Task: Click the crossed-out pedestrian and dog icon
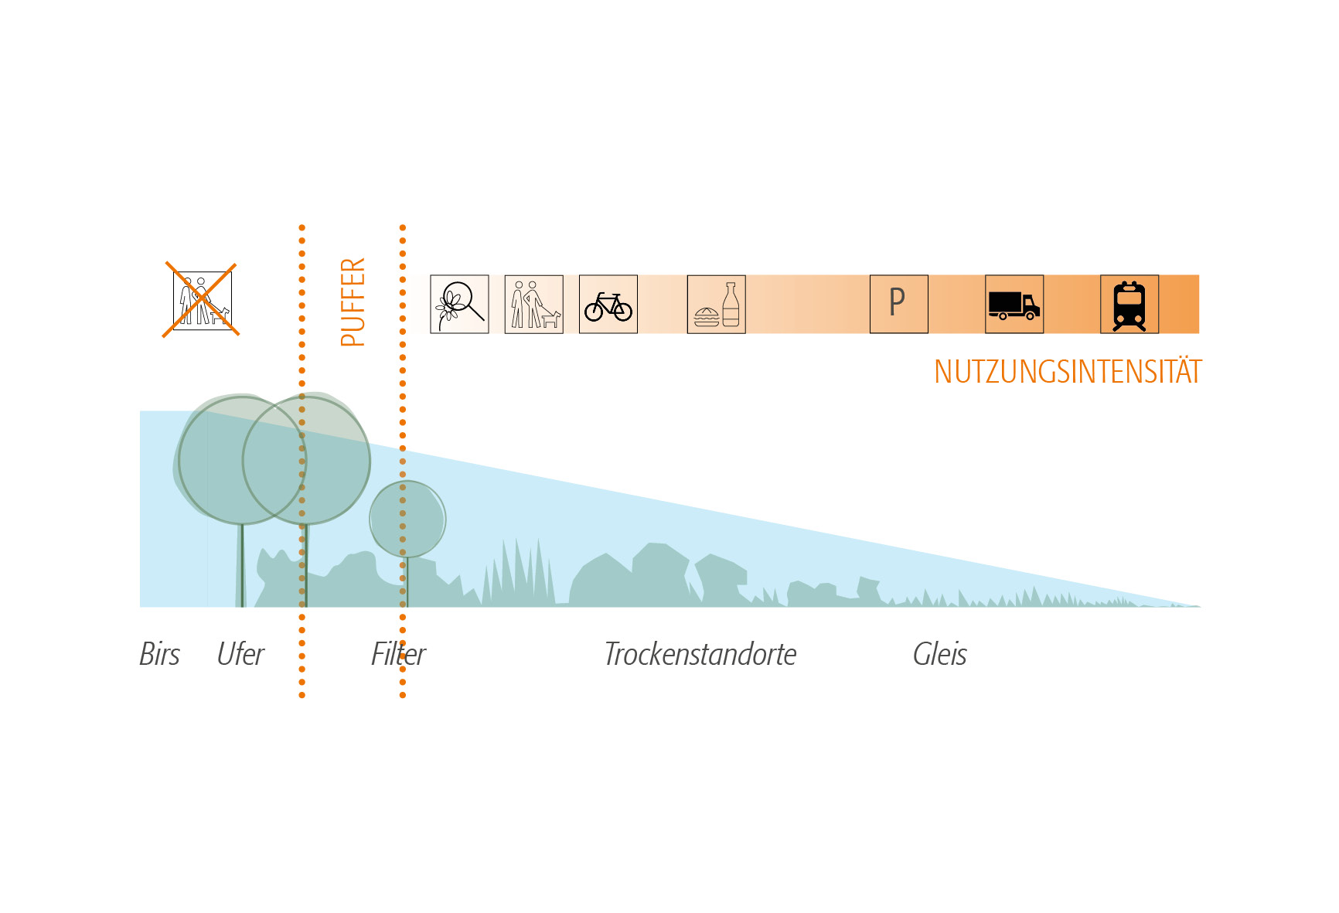(x=202, y=301)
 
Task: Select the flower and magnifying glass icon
(x=459, y=304)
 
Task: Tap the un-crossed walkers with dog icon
(x=533, y=304)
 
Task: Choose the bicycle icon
(x=608, y=304)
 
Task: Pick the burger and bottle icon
(x=717, y=304)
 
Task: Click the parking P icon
(x=899, y=304)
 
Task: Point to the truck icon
(x=1014, y=304)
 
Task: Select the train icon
(x=1129, y=304)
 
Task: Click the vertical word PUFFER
(x=353, y=302)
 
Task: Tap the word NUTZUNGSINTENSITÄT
(x=1068, y=372)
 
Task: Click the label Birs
(x=159, y=654)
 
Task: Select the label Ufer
(x=240, y=654)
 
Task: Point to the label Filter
(x=398, y=654)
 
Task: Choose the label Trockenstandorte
(x=700, y=654)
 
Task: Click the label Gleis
(x=940, y=654)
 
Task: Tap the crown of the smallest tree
(x=407, y=519)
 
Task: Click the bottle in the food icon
(x=731, y=305)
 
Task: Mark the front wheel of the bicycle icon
(x=622, y=311)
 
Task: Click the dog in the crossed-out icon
(x=220, y=315)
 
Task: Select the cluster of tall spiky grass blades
(x=519, y=572)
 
